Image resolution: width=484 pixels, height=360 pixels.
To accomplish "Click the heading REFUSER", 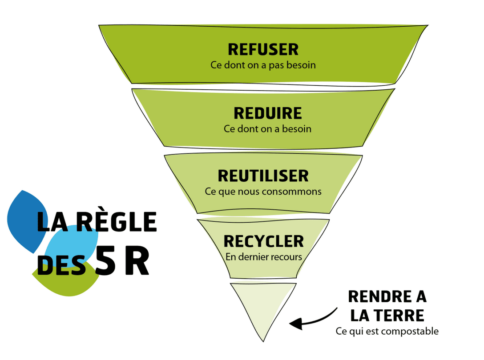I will (263, 49).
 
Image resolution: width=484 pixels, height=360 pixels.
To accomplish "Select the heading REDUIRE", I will (267, 113).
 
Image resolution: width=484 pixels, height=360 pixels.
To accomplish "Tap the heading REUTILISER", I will (263, 176).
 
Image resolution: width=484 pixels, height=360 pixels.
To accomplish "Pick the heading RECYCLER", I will (263, 241).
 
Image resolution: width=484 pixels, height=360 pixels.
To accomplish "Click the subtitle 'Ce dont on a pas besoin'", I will (263, 65).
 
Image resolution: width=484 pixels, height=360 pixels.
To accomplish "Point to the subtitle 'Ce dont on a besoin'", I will (267, 129).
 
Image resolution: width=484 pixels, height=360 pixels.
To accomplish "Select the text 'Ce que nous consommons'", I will (263, 192).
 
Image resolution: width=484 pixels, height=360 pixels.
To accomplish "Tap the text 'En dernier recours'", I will (263, 257).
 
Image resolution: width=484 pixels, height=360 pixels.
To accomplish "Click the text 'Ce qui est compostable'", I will (387, 331).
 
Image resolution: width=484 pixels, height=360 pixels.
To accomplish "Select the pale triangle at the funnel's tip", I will (263, 307).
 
